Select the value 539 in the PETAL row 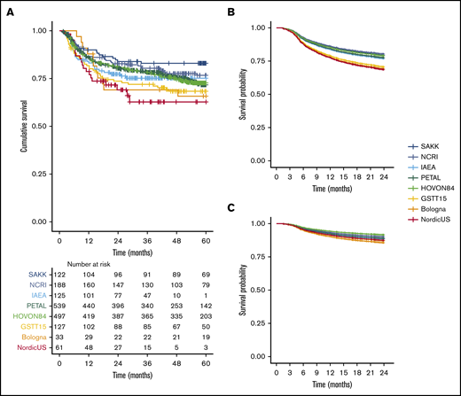(59, 303)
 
